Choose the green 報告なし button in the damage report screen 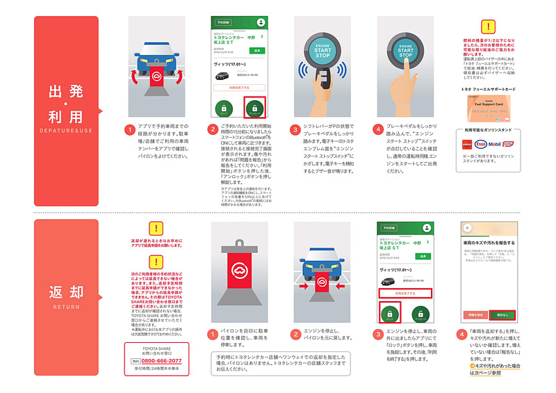pyautogui.click(x=500, y=314)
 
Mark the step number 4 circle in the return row pyautogui.click(x=461, y=335)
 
